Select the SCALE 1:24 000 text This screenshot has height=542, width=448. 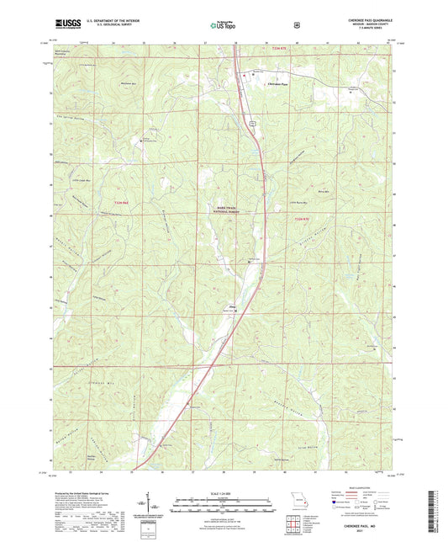(x=224, y=493)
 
